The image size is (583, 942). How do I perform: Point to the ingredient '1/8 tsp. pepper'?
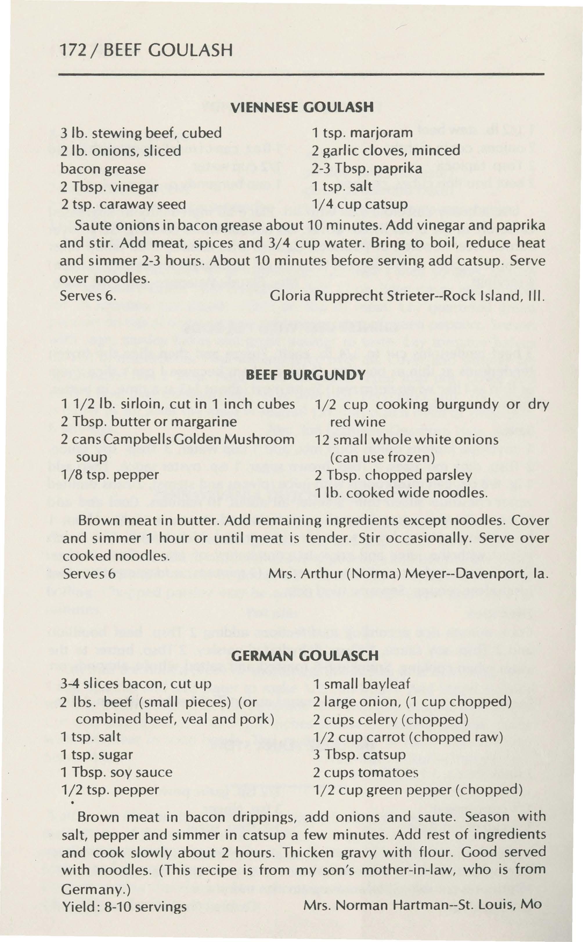coord(110,475)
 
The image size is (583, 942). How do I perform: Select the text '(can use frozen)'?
coord(382,457)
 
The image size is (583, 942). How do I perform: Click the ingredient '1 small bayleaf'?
coord(361,684)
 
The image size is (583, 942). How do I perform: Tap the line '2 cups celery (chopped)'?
coord(391,719)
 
